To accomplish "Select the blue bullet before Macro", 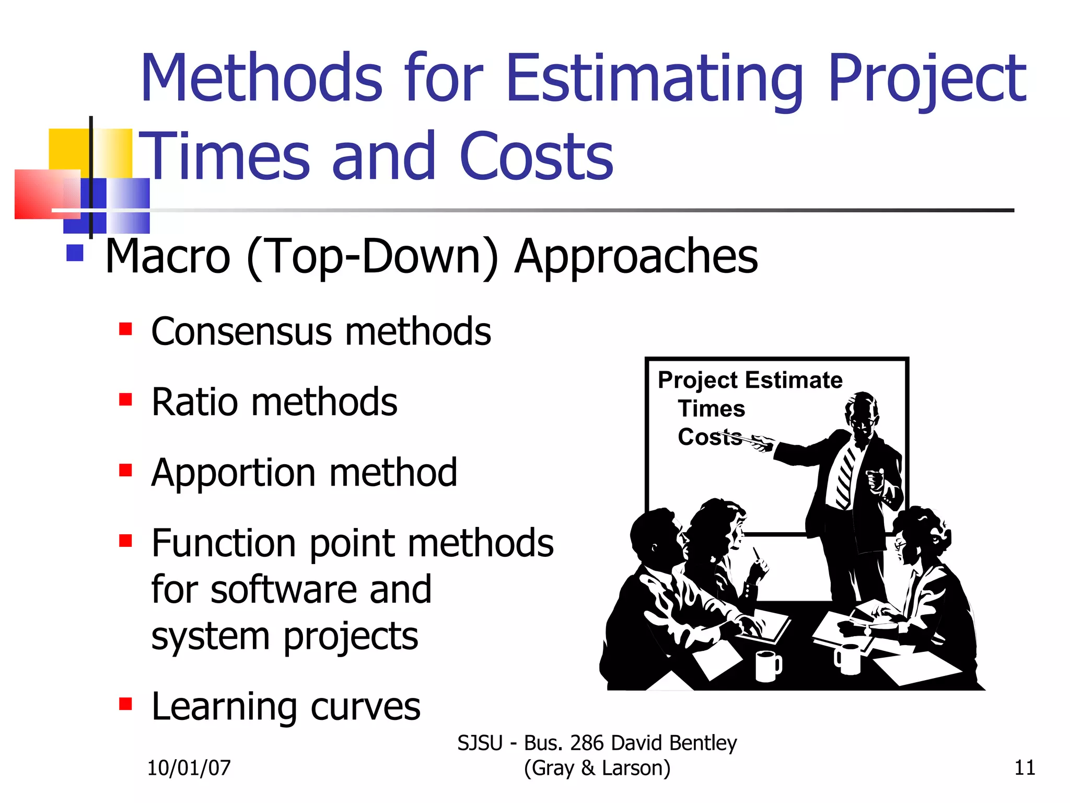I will tap(75, 253).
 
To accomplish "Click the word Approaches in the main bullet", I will tap(636, 256).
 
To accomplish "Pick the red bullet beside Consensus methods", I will tap(125, 329).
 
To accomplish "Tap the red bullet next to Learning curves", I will tap(125, 704).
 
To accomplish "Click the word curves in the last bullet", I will tap(365, 706).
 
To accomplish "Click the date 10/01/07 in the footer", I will tap(189, 768).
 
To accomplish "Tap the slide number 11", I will tap(1025, 768).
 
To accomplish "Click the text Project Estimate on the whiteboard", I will tap(750, 380).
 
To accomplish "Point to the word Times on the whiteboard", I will tap(712, 408).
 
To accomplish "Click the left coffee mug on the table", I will tap(767, 666).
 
